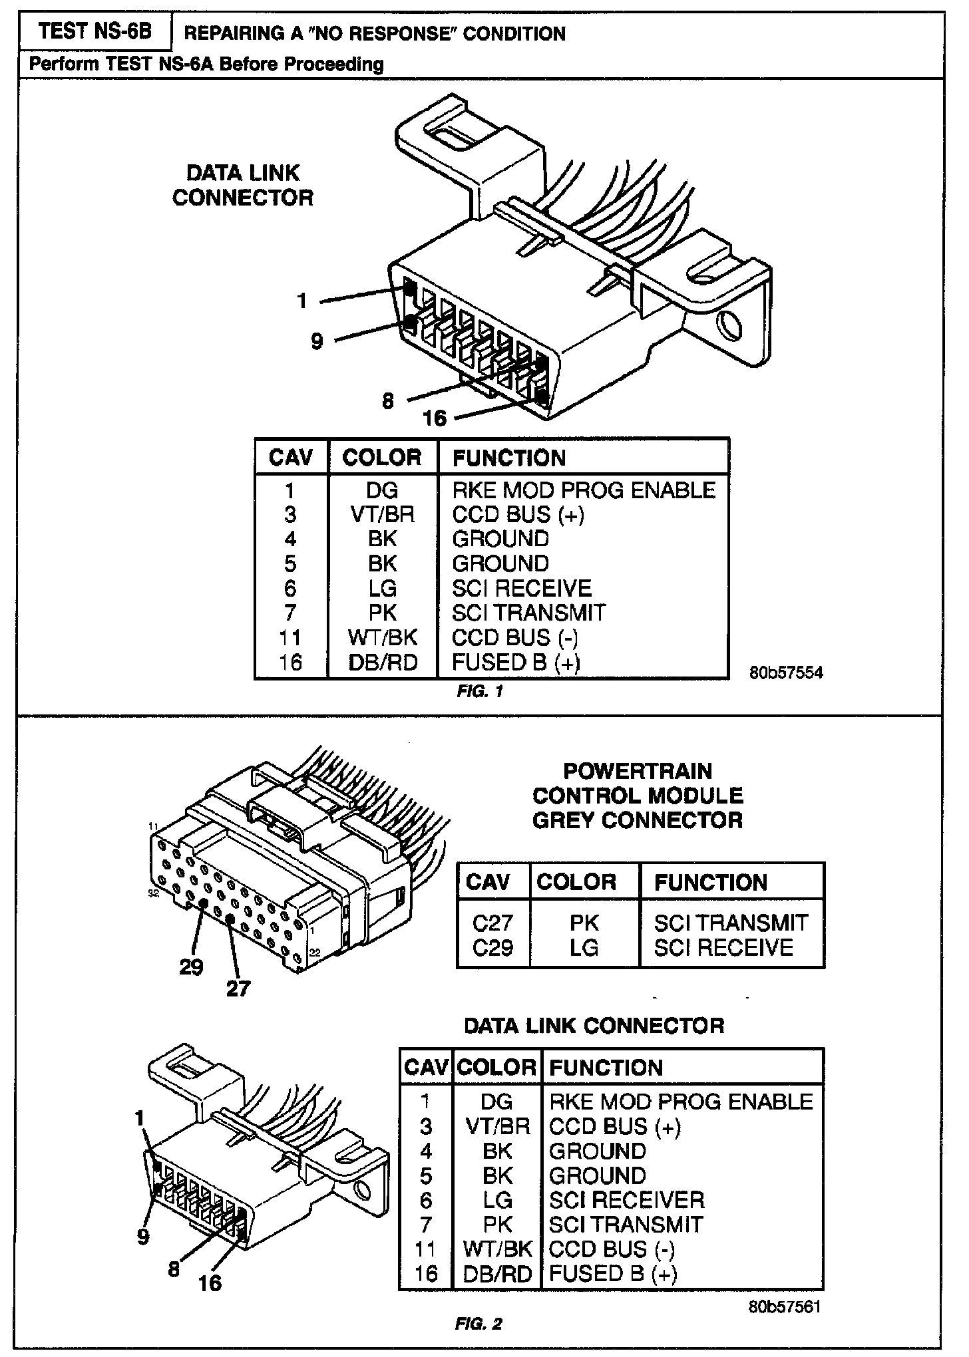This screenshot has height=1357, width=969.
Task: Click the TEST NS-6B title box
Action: [95, 32]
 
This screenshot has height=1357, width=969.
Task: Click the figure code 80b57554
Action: [786, 673]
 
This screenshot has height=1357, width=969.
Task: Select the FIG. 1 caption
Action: [480, 692]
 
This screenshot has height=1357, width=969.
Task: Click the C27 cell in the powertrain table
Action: [492, 923]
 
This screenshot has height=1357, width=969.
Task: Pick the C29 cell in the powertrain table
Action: [492, 947]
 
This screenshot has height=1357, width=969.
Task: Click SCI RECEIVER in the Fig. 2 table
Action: [626, 1200]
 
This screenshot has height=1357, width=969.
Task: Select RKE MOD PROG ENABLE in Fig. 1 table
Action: [584, 490]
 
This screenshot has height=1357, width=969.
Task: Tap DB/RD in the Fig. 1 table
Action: [383, 663]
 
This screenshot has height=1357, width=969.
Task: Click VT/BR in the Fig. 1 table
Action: [383, 515]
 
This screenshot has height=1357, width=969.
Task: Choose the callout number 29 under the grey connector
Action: [191, 967]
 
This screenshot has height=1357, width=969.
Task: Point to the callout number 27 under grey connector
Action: [238, 989]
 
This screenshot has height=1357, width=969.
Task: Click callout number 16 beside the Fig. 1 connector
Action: [434, 418]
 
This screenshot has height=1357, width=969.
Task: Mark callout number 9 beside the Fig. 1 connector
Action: [317, 341]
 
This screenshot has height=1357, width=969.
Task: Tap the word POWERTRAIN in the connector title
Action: [637, 772]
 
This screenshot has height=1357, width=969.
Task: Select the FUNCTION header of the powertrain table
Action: [711, 883]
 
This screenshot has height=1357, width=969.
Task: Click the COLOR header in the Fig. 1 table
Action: [382, 458]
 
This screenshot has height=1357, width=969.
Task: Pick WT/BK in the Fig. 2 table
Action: [496, 1249]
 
